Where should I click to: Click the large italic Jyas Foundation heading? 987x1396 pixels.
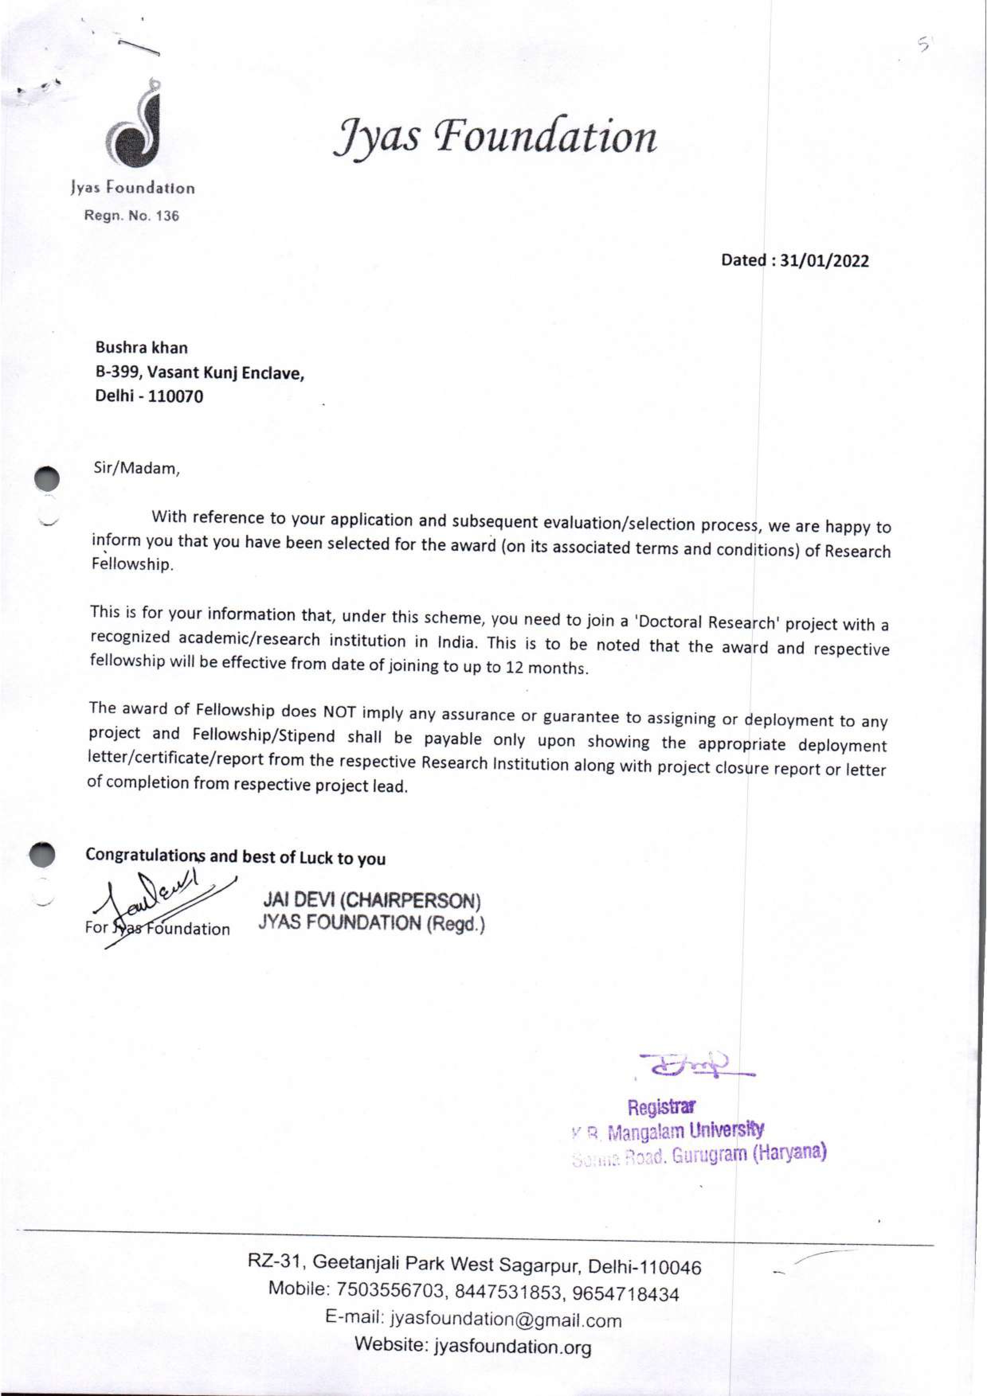coord(495,137)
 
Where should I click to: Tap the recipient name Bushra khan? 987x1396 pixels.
coord(141,348)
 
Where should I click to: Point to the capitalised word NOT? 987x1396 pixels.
coord(342,712)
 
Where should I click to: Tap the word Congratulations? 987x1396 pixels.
coord(146,855)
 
